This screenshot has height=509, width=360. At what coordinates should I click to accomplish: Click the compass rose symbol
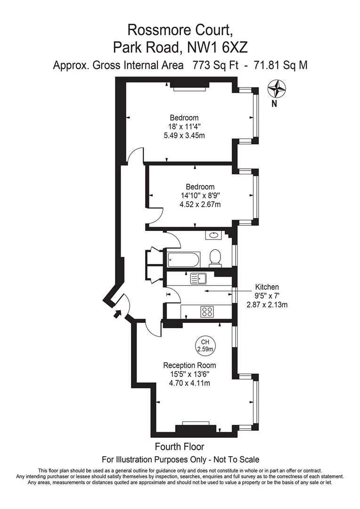277,89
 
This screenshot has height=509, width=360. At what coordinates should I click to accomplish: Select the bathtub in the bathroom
183,259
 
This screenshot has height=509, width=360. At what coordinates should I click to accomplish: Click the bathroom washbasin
213,235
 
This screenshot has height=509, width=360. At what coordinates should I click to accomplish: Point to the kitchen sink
198,279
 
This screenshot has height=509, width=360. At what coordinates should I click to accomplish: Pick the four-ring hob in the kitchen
207,312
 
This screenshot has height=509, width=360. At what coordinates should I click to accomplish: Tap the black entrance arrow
116,313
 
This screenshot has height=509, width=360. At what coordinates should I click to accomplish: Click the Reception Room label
189,365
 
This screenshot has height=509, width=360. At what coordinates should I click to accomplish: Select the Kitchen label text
267,287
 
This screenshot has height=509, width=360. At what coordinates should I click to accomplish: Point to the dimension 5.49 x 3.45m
184,135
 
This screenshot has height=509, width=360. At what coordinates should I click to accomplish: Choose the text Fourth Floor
180,447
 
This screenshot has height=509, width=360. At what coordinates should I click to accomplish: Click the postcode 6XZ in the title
235,48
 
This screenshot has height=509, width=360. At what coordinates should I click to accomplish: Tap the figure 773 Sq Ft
215,65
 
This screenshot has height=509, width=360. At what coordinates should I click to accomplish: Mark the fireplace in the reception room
196,427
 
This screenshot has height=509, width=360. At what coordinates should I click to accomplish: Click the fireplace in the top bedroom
189,86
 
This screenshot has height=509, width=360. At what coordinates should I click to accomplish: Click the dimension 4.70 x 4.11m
189,383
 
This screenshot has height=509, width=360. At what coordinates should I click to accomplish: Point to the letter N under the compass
274,104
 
